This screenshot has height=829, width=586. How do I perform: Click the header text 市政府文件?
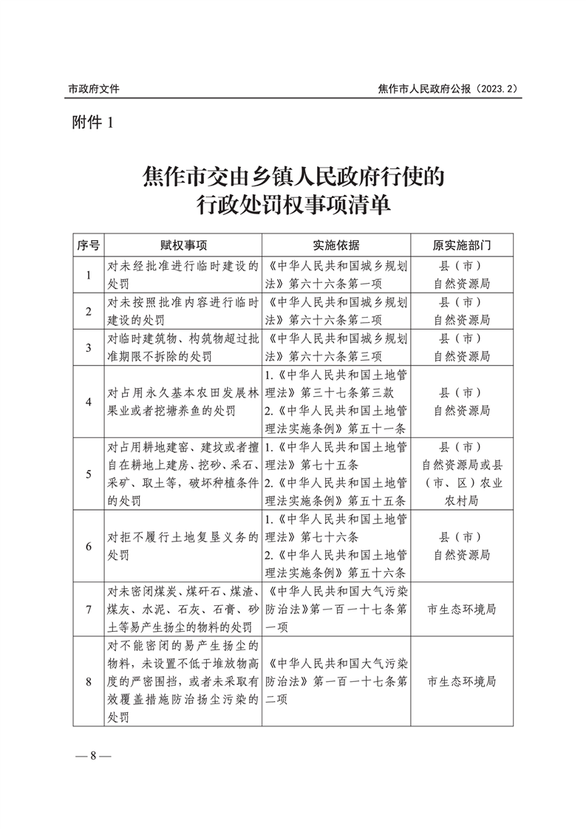[94, 89]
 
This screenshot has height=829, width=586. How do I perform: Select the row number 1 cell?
[89, 275]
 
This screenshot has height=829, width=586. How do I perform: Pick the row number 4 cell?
[89, 402]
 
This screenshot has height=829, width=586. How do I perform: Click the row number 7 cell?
[89, 610]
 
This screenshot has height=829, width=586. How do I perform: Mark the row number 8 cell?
[89, 681]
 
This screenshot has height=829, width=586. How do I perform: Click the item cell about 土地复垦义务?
[183, 546]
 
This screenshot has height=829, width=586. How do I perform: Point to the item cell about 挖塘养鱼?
[183, 402]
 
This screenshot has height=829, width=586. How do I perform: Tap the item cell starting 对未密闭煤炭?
[183, 610]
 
